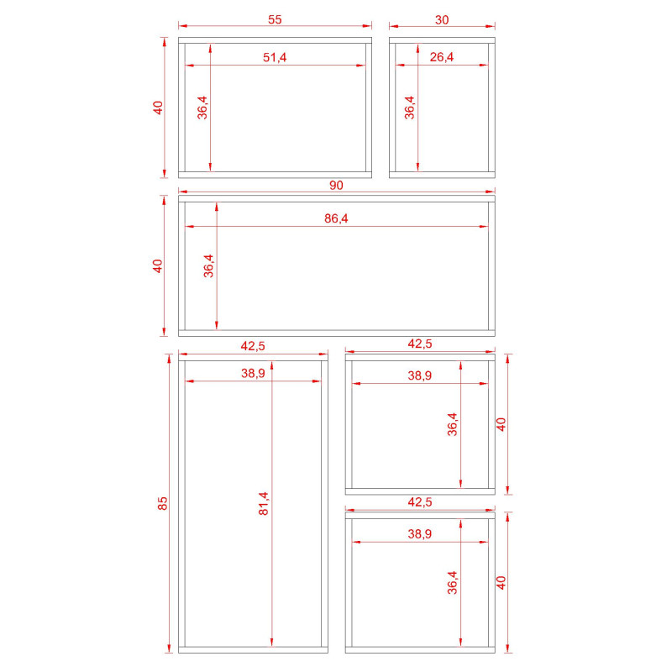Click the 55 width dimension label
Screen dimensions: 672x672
pyautogui.click(x=275, y=19)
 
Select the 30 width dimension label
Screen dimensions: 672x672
pyautogui.click(x=442, y=20)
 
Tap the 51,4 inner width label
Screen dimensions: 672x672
pyautogui.click(x=275, y=57)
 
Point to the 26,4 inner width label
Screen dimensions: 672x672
pyautogui.click(x=442, y=57)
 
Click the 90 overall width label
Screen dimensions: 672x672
pyautogui.click(x=337, y=185)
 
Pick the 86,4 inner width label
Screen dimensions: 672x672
pyautogui.click(x=337, y=218)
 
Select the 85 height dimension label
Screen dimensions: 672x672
pyautogui.click(x=162, y=503)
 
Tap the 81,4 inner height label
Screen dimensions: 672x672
pyautogui.click(x=264, y=503)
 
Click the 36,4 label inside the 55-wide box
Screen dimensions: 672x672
pyautogui.click(x=202, y=108)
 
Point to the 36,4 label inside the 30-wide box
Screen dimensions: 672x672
pyautogui.click(x=410, y=108)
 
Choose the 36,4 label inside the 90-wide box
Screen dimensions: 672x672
pyautogui.click(x=208, y=265)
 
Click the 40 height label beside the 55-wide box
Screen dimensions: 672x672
pyautogui.click(x=158, y=108)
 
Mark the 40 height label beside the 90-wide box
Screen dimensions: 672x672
pyautogui.click(x=158, y=265)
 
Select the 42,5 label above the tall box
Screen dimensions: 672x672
pyautogui.click(x=253, y=346)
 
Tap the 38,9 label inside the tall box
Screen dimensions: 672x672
pyautogui.click(x=253, y=373)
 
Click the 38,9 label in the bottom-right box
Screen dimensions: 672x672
pyautogui.click(x=419, y=534)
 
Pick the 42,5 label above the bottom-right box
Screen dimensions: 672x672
pyautogui.click(x=419, y=501)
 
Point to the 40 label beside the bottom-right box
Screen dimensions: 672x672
pyautogui.click(x=501, y=582)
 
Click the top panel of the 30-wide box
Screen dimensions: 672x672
pyautogui.click(x=442, y=40)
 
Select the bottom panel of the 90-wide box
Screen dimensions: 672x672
pyautogui.click(x=337, y=333)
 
